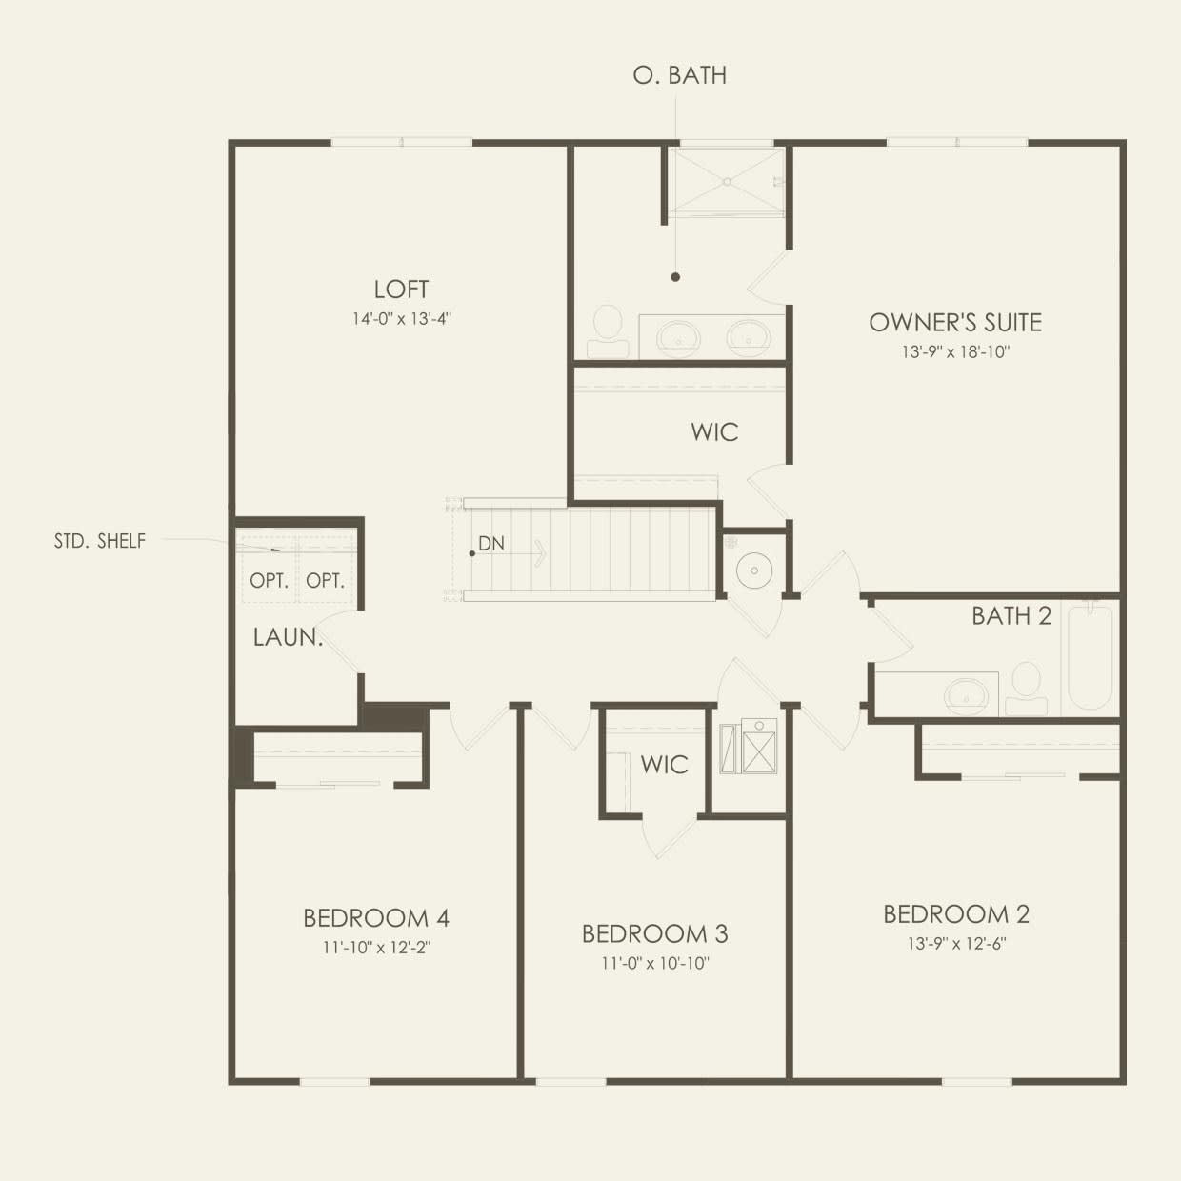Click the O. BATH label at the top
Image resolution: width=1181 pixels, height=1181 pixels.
pyautogui.click(x=680, y=75)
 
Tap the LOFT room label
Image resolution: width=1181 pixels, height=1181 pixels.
pyautogui.click(x=401, y=290)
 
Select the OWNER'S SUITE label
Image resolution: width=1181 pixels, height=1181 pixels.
pyautogui.click(x=955, y=322)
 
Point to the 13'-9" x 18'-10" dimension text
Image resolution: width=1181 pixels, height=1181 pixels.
pyautogui.click(x=955, y=351)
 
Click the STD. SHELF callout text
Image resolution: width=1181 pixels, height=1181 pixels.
pyautogui.click(x=100, y=541)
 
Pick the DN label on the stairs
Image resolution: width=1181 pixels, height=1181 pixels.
pyautogui.click(x=491, y=543)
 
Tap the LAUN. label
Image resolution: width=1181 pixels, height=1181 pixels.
pyautogui.click(x=288, y=637)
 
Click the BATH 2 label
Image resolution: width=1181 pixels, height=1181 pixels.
pyautogui.click(x=1011, y=616)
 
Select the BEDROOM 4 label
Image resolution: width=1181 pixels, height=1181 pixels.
pyautogui.click(x=376, y=918)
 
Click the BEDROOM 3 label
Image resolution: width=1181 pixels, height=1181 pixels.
pyautogui.click(x=654, y=934)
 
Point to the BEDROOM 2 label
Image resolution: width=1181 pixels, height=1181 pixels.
pyautogui.click(x=956, y=914)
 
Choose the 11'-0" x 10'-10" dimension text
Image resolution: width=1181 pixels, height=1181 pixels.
pyautogui.click(x=655, y=964)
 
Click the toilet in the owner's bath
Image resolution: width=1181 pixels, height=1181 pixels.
pyautogui.click(x=608, y=331)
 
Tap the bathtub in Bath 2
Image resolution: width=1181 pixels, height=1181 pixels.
pyautogui.click(x=1091, y=659)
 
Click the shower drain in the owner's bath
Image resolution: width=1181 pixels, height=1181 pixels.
pyautogui.click(x=727, y=182)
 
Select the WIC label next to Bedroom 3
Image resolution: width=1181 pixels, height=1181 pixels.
pyautogui.click(x=665, y=764)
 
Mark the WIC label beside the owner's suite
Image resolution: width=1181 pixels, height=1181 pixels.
pyautogui.click(x=714, y=432)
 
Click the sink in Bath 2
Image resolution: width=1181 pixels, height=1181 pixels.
pyautogui.click(x=967, y=695)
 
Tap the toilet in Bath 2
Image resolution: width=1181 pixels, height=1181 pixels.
pyautogui.click(x=1027, y=689)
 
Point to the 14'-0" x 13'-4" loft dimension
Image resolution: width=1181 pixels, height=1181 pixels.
pyautogui.click(x=401, y=319)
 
